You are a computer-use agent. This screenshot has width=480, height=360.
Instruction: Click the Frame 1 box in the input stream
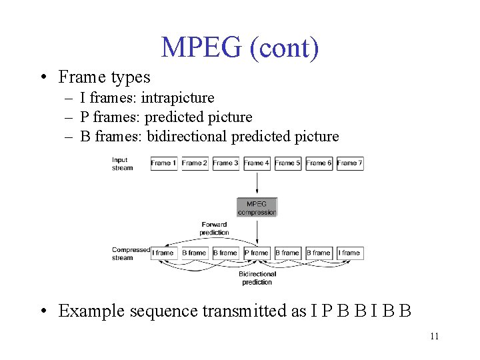point(163,163)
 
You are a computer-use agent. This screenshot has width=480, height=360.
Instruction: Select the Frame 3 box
point(225,163)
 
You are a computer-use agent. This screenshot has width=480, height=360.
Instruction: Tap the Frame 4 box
point(257,163)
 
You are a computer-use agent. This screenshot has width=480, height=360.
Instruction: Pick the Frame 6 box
point(319,163)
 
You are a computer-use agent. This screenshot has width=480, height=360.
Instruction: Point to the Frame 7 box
point(350,163)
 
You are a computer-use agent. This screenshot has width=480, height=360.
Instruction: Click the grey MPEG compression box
point(257,207)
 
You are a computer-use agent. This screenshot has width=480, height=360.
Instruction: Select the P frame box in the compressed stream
point(257,253)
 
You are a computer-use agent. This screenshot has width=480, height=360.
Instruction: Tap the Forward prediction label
point(214,229)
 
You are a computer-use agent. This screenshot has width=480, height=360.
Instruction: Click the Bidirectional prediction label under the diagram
point(257,278)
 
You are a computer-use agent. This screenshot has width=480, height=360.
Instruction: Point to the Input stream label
point(122,163)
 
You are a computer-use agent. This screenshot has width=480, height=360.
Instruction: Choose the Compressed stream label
point(131,253)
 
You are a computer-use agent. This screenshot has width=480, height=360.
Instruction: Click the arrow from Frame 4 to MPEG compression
point(257,184)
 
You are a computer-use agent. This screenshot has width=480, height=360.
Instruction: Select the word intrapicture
point(177,98)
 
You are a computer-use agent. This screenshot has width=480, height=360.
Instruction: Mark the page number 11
point(434,336)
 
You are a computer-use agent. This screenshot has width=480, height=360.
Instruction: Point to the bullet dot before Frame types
point(43,78)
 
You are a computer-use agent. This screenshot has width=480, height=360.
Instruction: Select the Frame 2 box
point(195,163)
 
